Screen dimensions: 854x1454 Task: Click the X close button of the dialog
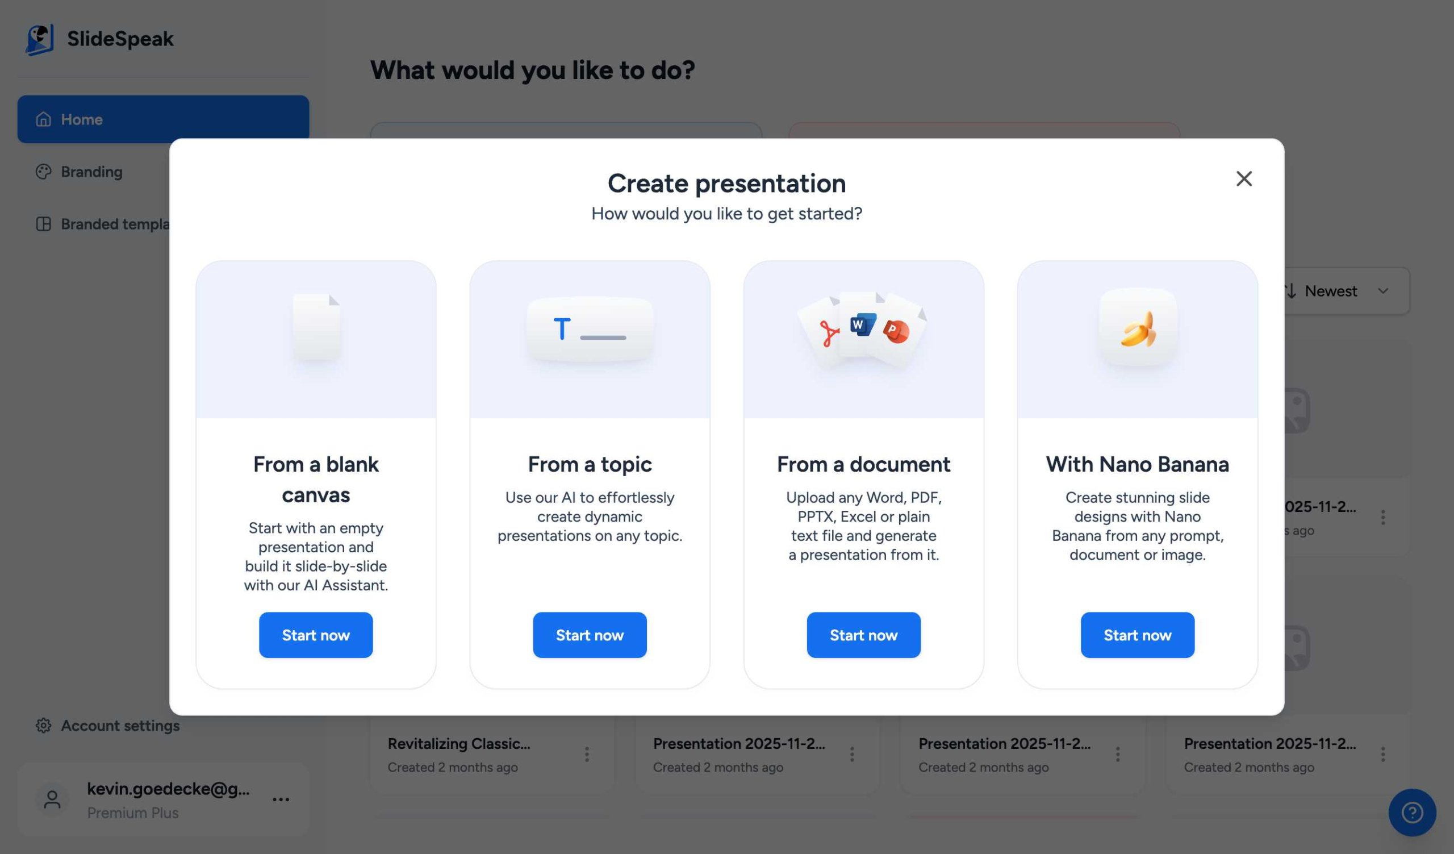1243,179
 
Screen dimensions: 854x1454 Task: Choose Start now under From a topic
589,635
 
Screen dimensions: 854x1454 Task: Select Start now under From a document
863,635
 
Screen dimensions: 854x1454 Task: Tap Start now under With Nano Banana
1137,635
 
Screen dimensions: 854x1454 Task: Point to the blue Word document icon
862,325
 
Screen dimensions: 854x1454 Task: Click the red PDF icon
829,334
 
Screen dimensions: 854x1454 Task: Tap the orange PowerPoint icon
896,331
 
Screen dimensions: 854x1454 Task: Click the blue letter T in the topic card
561,329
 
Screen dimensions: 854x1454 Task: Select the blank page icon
316,327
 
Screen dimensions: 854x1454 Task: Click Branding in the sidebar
91,172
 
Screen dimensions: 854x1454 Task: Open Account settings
119,726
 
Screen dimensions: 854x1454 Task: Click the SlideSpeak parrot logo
40,39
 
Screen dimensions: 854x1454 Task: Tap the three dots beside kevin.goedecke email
281,799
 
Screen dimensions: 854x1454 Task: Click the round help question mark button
1411,813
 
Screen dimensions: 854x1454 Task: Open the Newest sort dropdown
1344,291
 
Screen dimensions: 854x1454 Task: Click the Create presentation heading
726,184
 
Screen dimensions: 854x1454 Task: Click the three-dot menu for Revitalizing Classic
586,754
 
